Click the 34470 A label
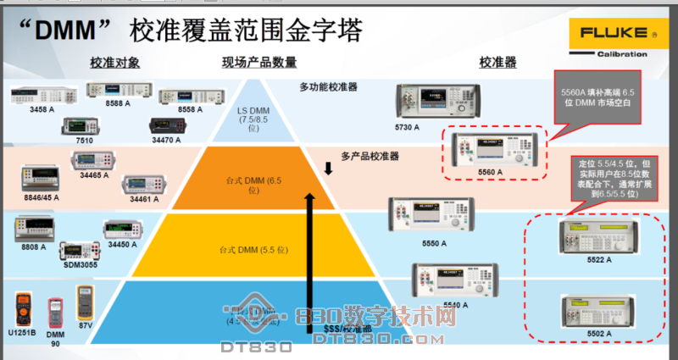[167, 139]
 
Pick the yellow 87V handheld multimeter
[85, 302]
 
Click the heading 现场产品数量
[259, 63]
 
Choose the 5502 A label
[595, 335]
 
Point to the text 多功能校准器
[329, 87]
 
